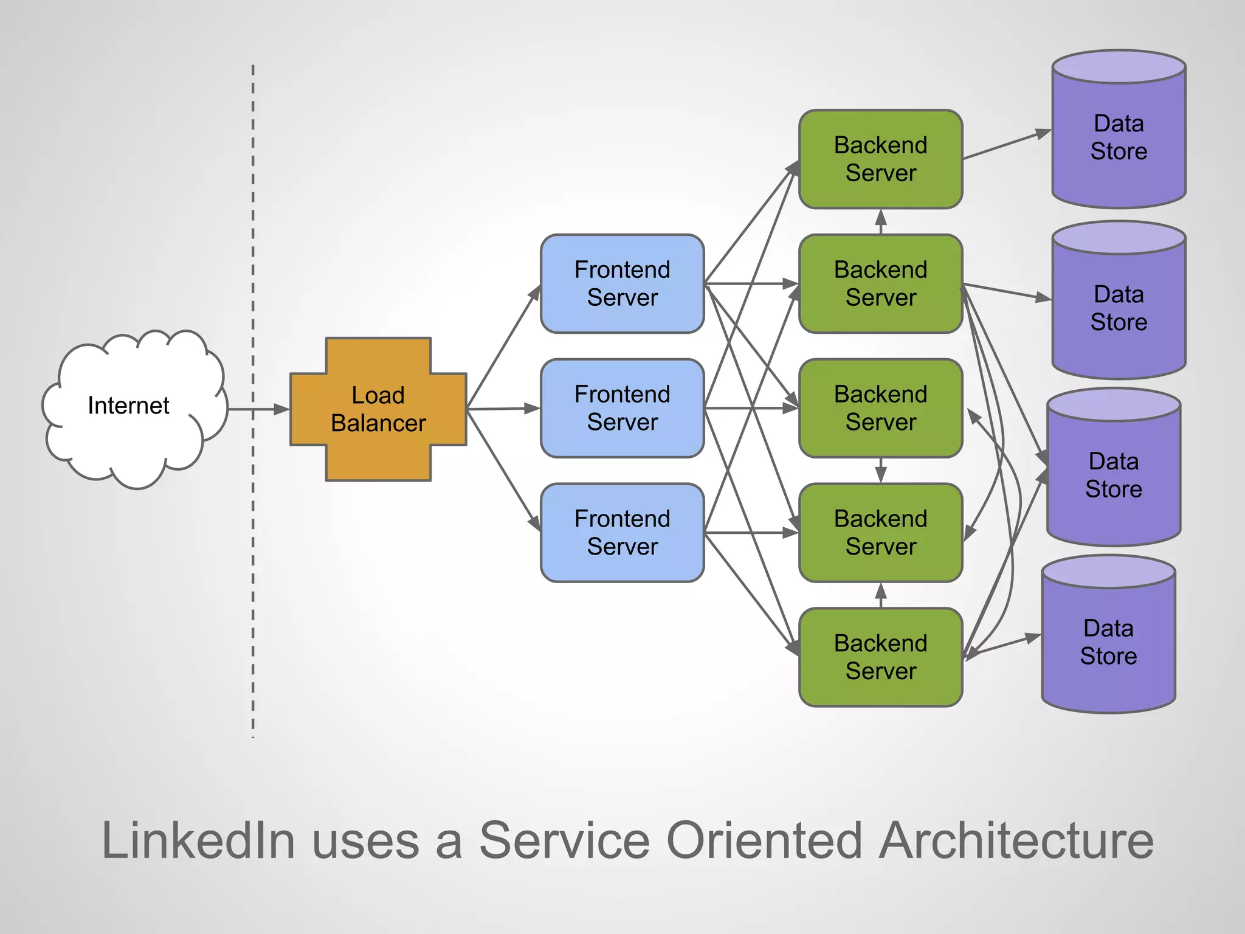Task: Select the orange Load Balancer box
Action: click(378, 409)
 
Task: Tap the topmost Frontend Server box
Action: click(622, 283)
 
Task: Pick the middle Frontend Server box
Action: click(622, 408)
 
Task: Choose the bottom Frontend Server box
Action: click(622, 533)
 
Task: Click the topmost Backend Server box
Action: click(880, 159)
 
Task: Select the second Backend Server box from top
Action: click(880, 283)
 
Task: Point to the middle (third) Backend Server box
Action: click(880, 408)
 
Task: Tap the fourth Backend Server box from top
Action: click(880, 533)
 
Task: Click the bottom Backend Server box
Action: click(880, 657)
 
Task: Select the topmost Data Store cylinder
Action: click(1119, 137)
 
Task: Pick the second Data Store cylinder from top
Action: click(1119, 308)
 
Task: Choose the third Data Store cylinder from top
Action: click(1114, 475)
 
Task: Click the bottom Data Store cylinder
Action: click(1108, 642)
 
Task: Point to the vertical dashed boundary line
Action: click(253, 547)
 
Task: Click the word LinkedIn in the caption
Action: click(198, 840)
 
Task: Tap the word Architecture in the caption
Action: click(1016, 840)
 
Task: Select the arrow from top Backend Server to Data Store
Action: click(1006, 145)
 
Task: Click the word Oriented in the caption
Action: click(764, 840)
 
